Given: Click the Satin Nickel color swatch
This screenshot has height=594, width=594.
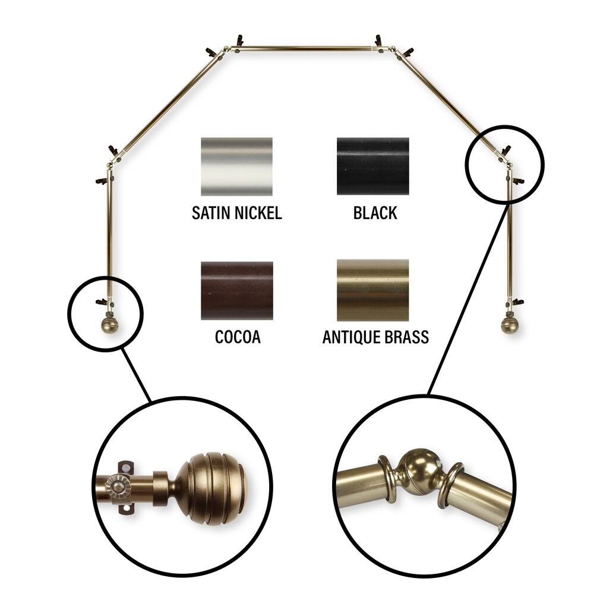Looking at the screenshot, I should tap(236, 167).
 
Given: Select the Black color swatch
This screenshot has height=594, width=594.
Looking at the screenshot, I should tap(372, 166).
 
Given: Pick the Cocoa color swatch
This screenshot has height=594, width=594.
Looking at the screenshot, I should tap(236, 290).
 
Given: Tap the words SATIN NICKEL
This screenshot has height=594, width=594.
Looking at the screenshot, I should tap(236, 213).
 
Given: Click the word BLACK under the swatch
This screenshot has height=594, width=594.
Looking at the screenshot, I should tap(375, 213).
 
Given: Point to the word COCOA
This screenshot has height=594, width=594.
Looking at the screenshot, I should tap(238, 337).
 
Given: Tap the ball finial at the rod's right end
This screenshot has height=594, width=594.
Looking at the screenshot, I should tap(508, 325).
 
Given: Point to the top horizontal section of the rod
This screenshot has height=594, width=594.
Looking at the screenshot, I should tap(306, 48).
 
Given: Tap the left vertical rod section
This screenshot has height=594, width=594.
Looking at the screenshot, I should tap(109, 238).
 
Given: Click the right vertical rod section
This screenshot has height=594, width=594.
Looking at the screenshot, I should tap(509, 238).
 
